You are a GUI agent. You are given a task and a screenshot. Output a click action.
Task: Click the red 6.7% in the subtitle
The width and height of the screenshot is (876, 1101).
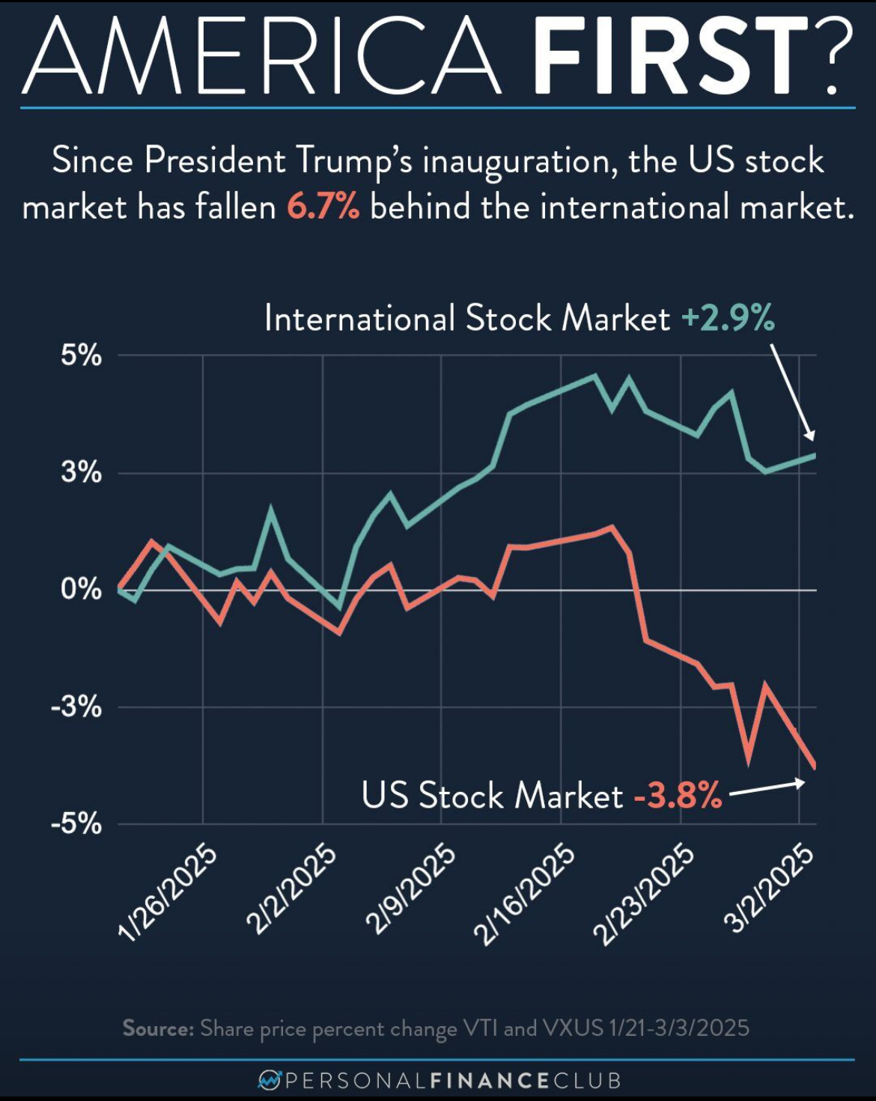[x=323, y=207]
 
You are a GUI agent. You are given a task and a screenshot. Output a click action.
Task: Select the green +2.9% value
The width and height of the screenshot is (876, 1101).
[x=728, y=318]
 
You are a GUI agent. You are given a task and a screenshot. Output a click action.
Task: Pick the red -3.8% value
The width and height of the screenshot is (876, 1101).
[x=678, y=795]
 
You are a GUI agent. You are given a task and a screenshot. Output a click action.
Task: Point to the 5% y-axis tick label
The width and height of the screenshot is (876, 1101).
[x=81, y=356]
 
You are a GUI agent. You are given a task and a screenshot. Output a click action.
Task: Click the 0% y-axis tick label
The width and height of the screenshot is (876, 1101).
[x=81, y=590]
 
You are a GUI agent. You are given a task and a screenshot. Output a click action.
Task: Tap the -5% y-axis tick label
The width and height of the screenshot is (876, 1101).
[x=76, y=824]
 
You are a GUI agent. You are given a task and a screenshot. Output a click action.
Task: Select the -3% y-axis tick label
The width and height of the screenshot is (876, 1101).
[x=76, y=707]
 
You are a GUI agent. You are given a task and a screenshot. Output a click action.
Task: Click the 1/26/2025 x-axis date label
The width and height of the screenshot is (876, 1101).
[x=168, y=891]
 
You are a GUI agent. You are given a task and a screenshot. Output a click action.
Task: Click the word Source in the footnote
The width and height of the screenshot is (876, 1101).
[x=158, y=1028]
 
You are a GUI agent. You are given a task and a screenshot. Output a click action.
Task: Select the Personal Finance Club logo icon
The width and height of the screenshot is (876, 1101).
[x=269, y=1080]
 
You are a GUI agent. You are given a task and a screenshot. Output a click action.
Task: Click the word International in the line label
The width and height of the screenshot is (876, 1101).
[x=359, y=318]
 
